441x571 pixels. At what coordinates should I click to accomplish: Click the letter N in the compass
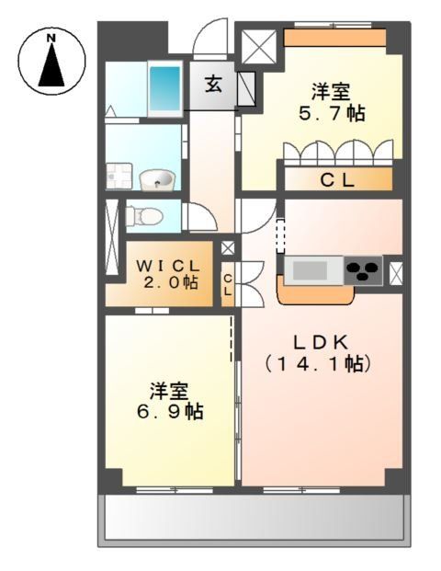click(x=51, y=39)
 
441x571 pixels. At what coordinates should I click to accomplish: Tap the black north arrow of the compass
click(x=51, y=66)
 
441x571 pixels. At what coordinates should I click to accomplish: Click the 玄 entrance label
click(x=213, y=85)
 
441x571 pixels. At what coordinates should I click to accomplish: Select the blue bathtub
click(x=164, y=88)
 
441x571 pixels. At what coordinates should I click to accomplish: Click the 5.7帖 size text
click(x=331, y=115)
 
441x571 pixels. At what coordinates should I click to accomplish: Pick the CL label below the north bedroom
click(x=336, y=180)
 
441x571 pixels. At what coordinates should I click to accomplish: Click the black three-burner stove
click(x=364, y=271)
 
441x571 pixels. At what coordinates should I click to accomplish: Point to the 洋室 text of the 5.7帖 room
click(x=331, y=93)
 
